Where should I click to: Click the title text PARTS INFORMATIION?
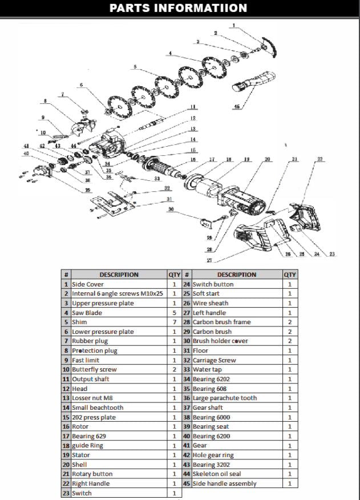178,8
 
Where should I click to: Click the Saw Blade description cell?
87,313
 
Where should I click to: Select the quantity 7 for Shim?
174,322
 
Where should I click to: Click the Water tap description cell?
209,369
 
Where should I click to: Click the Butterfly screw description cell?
94,369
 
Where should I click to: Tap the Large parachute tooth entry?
224,398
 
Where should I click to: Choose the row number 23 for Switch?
66,493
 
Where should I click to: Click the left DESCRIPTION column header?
119,275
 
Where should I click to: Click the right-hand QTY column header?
290,275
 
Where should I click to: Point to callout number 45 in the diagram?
236,107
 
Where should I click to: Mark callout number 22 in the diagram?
319,159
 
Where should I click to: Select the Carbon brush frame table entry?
221,322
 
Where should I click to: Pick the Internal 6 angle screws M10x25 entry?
117,293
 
